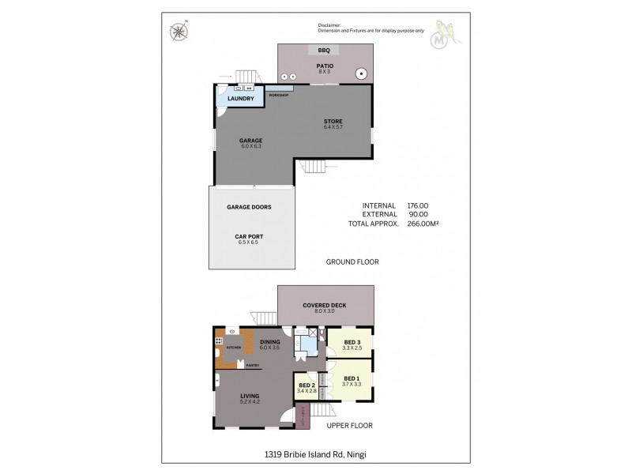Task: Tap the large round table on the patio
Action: coord(361,73)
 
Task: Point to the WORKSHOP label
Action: coord(277,95)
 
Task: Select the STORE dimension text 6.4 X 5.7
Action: coord(333,127)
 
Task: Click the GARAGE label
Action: coord(250,140)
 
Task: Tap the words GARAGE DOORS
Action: coord(249,207)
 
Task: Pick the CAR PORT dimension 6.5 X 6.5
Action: coord(248,242)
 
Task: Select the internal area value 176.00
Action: coord(418,205)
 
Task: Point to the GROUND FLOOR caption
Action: coord(352,261)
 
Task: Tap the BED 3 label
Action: coord(351,342)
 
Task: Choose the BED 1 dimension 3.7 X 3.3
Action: coord(352,384)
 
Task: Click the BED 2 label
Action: coord(307,385)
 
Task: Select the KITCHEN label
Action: coord(233,347)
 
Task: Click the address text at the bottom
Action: coord(315,453)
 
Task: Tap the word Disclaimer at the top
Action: coord(332,24)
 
